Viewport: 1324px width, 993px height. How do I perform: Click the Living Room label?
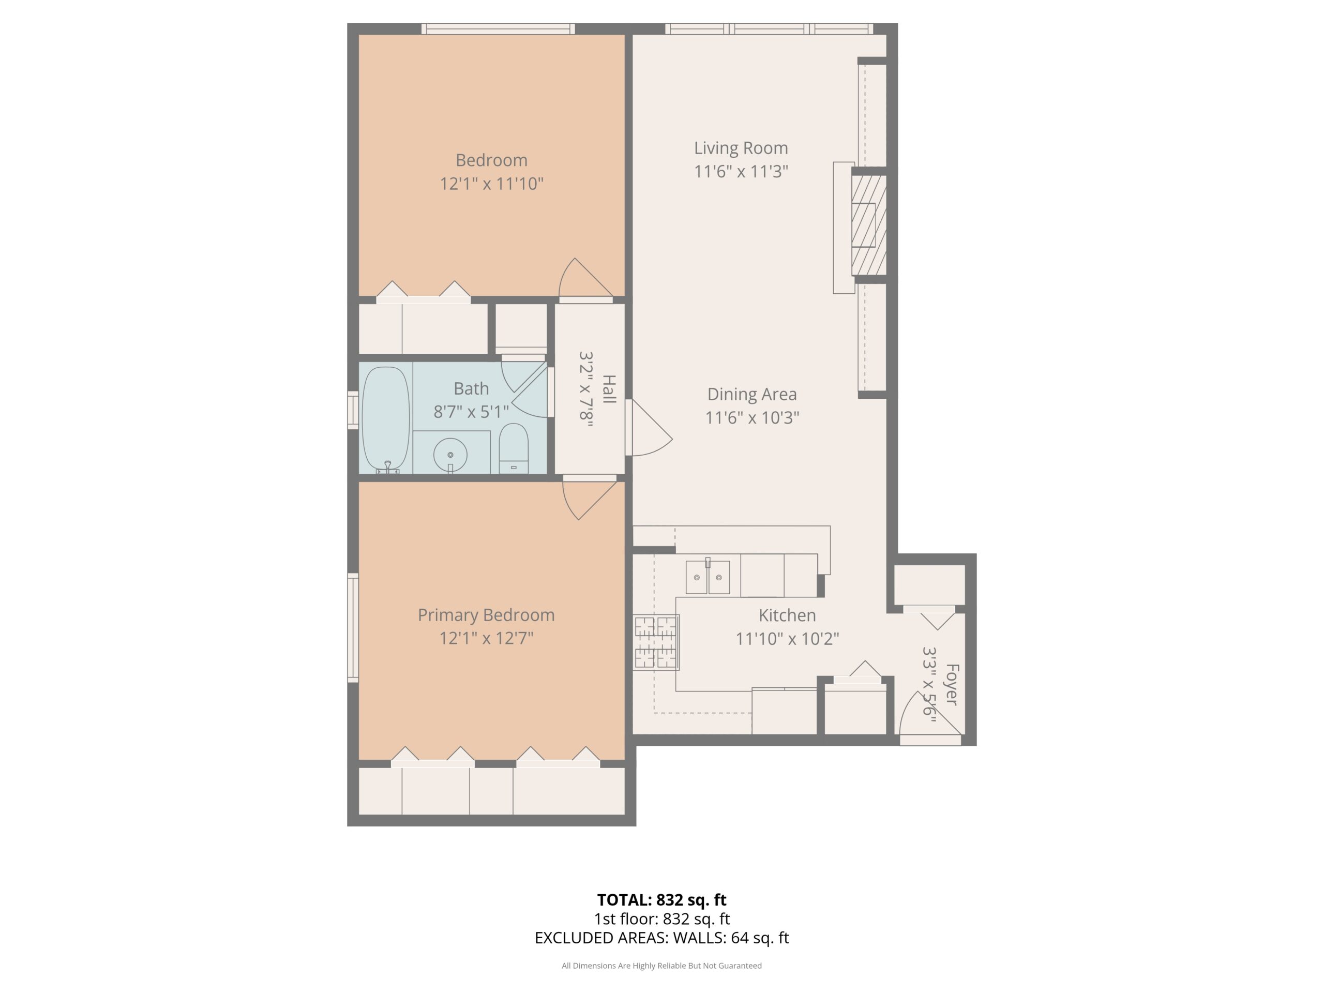741,148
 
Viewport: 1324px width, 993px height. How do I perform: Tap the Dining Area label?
752,394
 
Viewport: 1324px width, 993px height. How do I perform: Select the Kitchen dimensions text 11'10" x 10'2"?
787,639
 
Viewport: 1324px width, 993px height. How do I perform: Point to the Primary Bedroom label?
486,615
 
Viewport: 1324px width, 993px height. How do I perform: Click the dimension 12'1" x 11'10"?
491,183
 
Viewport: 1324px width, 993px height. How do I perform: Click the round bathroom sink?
450,456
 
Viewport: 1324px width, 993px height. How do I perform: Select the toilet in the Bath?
514,448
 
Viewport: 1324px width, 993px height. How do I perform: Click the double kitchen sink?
708,577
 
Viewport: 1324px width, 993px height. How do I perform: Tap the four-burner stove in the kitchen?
656,643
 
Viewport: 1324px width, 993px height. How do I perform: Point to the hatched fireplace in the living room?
868,225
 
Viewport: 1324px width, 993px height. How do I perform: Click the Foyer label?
952,684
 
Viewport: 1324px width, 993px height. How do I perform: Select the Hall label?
609,389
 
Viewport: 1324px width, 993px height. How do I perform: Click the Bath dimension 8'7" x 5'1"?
471,412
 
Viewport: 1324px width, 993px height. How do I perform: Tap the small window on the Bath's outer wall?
353,410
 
